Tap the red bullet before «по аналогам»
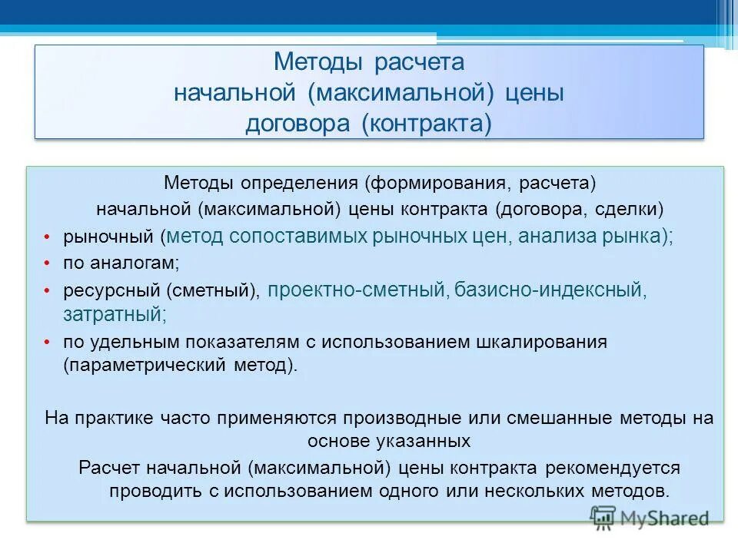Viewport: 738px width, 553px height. click(x=47, y=263)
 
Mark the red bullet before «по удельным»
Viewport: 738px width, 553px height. click(x=47, y=343)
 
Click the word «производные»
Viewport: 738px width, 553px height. click(x=403, y=419)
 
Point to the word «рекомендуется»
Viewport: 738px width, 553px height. click(x=616, y=468)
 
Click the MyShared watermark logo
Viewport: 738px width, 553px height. click(x=650, y=518)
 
